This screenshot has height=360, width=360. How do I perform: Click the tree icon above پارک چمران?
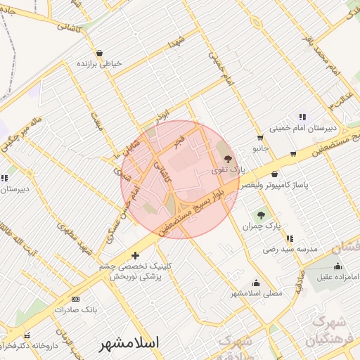coord(262,215)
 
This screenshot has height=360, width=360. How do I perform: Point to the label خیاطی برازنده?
coord(99,63)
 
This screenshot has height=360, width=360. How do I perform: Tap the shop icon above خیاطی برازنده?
coord(99,53)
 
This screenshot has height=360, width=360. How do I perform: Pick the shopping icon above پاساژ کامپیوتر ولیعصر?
coord(274,174)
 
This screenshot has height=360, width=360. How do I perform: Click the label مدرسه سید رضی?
coord(290,249)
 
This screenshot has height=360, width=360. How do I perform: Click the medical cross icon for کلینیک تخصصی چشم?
coord(136,255)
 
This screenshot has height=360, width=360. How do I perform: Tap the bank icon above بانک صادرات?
coord(76,299)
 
